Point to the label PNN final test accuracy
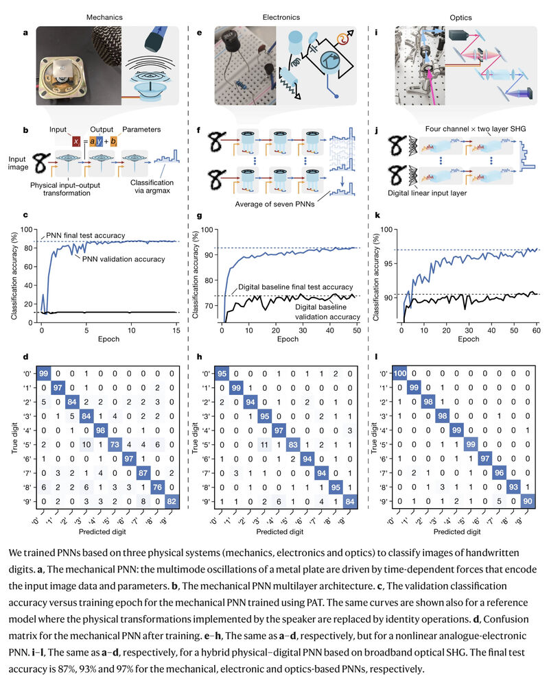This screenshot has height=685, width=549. [87, 236]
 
